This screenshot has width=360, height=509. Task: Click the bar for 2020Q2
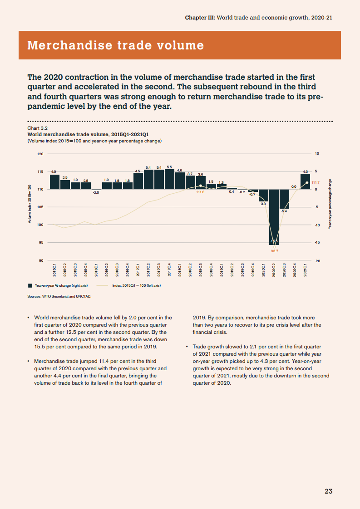click(274, 217)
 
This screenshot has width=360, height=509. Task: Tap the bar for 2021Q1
click(305, 181)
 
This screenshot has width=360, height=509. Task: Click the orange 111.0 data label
click(201, 192)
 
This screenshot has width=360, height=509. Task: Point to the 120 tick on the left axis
click(40, 154)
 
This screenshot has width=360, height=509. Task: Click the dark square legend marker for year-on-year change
click(30, 286)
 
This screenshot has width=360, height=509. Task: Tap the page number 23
click(328, 491)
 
